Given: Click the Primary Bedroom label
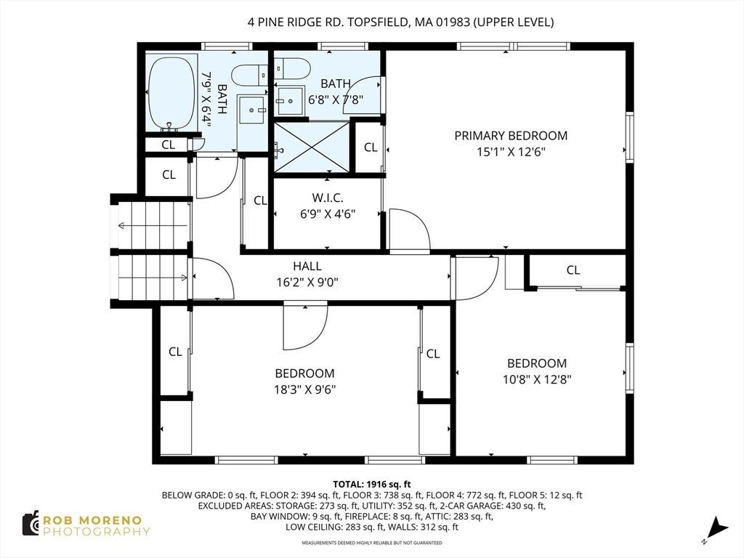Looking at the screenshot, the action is [511, 136].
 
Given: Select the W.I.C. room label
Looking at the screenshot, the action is [328, 198].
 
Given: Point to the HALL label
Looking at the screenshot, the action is [307, 266].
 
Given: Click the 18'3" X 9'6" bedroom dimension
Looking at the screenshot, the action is [304, 389].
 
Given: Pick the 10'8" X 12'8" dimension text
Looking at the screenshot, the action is [537, 379].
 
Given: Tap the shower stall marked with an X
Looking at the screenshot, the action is [311, 147].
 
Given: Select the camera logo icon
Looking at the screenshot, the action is [31, 524].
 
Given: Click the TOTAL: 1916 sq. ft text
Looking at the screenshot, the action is [371, 485].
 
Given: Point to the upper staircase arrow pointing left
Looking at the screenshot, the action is [153, 225].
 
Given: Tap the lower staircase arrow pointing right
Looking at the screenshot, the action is [153, 278].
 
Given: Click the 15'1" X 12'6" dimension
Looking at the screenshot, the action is [511, 152].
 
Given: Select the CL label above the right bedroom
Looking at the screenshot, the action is [573, 270].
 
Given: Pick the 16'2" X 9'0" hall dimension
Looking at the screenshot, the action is [307, 283].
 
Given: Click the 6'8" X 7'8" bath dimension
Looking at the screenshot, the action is [336, 100].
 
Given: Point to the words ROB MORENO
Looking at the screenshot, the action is [92, 520].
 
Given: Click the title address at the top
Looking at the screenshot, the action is [400, 22].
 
